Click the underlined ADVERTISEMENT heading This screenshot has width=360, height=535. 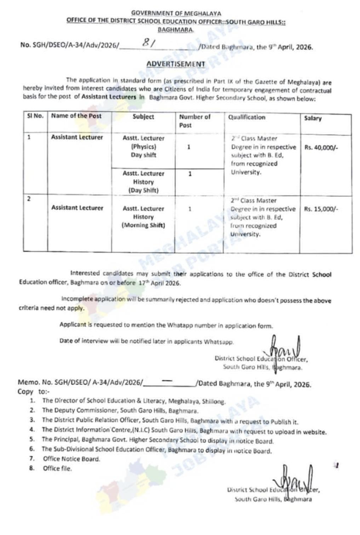(x=176, y=64)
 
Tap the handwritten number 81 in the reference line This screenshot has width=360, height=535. (x=147, y=43)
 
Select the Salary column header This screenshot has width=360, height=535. (x=313, y=118)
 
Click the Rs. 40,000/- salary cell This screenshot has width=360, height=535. (x=321, y=147)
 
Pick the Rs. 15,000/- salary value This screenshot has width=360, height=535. (x=321, y=209)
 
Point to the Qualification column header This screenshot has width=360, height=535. (x=246, y=117)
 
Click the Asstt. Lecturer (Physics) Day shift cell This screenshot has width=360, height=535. (x=143, y=146)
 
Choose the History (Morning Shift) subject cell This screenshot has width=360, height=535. (x=143, y=217)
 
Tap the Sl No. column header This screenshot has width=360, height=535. (x=35, y=116)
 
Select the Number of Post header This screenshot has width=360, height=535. (x=194, y=121)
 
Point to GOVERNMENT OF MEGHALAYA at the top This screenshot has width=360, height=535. (x=176, y=13)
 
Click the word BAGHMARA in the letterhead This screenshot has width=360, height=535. (x=176, y=30)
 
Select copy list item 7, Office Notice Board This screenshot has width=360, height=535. (x=72, y=459)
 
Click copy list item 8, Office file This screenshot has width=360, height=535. (x=57, y=468)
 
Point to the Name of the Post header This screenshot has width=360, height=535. (x=76, y=116)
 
